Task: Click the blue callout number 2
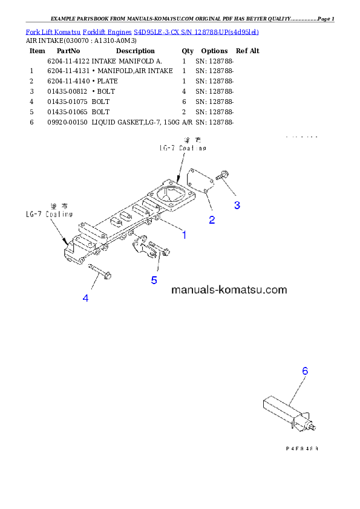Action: [212, 220]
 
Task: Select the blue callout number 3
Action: [237, 205]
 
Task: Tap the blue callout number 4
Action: [85, 298]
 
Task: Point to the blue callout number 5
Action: [154, 280]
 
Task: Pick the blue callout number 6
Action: [305, 371]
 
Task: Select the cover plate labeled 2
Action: [199, 182]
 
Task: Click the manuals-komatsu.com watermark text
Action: [229, 290]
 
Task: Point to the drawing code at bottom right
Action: [301, 449]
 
